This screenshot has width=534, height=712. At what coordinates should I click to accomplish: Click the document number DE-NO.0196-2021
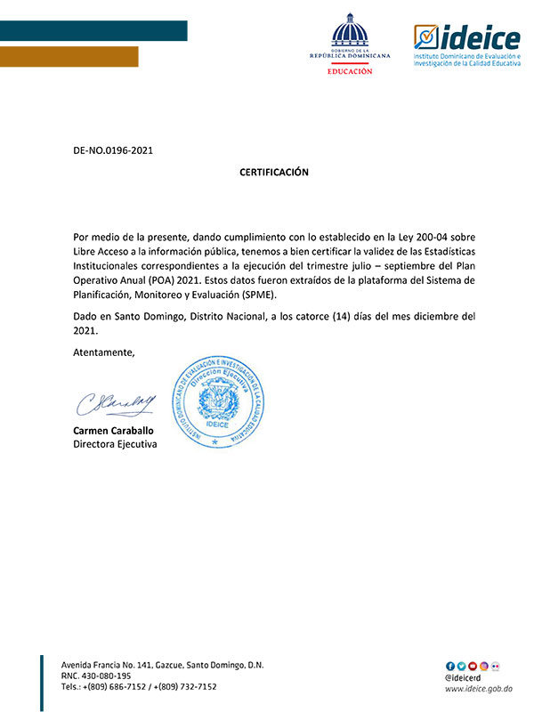point(113,150)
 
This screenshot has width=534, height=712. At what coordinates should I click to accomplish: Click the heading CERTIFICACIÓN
point(274,172)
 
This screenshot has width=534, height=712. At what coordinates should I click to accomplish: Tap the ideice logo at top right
point(466,46)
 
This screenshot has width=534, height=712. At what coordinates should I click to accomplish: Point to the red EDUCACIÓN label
point(349,70)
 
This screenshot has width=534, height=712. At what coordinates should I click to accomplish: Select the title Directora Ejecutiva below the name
point(115,443)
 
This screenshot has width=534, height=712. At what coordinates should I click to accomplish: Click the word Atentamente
point(104,353)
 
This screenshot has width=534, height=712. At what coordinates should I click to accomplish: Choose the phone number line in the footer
point(139,687)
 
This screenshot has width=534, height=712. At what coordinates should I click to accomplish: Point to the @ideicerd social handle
point(465,676)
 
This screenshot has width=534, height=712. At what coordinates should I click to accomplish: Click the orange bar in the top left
point(69,56)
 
